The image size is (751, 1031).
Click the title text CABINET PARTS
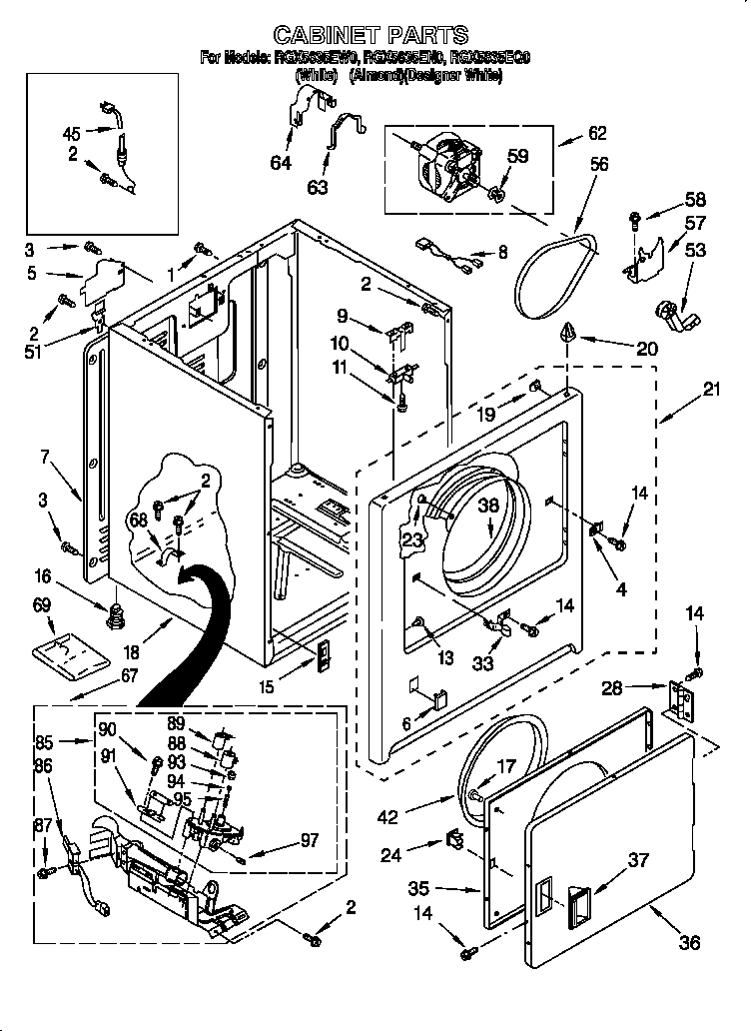(x=371, y=36)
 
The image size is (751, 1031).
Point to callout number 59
(x=516, y=156)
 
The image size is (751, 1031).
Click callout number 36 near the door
(x=688, y=941)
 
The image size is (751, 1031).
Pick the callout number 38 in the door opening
(x=488, y=506)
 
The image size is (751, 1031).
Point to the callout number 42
(x=388, y=818)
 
